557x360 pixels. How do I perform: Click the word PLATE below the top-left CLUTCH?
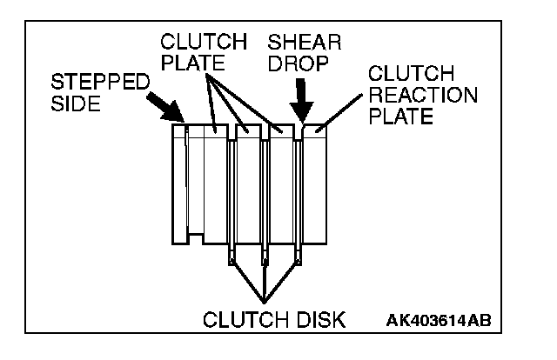[191, 63]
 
